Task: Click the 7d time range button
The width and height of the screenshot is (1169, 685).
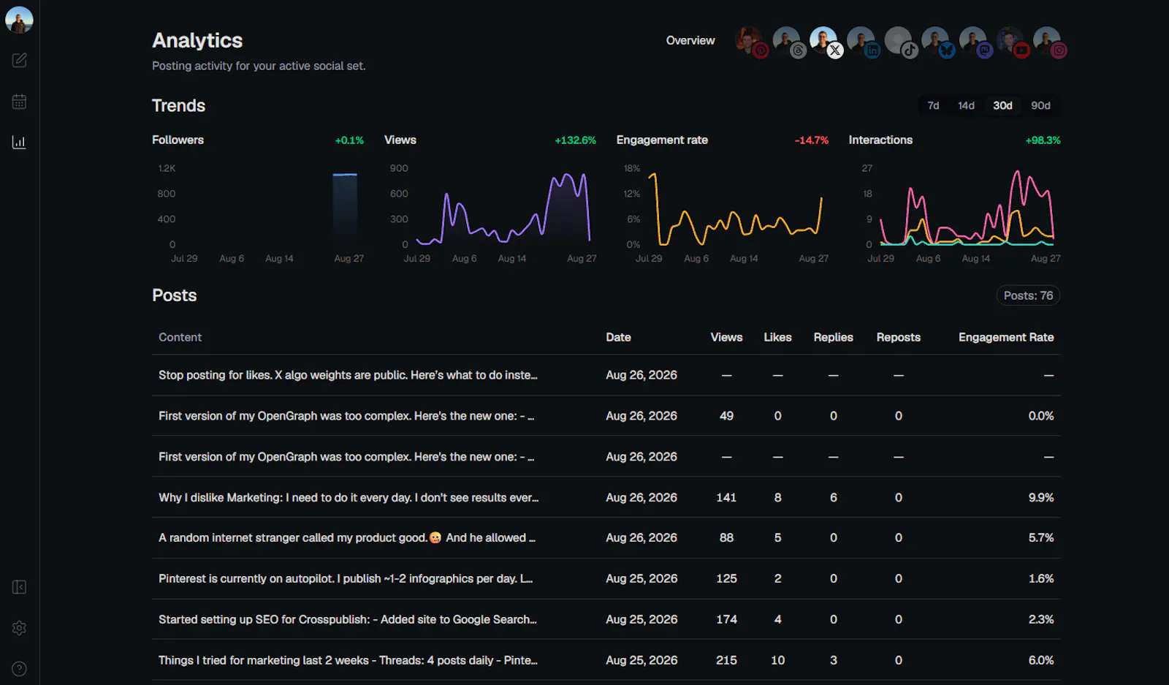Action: (x=933, y=105)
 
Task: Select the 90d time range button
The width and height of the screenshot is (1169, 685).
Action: (x=1040, y=105)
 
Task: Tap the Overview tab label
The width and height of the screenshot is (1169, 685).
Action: (x=690, y=41)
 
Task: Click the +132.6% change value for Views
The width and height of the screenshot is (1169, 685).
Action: (x=575, y=140)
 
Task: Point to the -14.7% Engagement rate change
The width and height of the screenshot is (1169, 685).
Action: (x=812, y=140)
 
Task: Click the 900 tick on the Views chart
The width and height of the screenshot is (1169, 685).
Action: (x=399, y=168)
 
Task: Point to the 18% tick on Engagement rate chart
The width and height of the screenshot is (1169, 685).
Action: (x=631, y=168)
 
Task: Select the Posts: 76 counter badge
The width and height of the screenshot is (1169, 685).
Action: (x=1028, y=295)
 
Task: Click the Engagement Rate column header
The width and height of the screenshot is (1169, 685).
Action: (x=1006, y=337)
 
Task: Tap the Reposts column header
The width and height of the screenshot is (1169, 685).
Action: (x=898, y=337)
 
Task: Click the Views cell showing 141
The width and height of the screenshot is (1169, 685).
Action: (x=726, y=498)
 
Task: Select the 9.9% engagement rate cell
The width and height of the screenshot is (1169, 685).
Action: (x=1040, y=498)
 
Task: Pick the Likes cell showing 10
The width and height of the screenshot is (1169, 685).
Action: (x=777, y=660)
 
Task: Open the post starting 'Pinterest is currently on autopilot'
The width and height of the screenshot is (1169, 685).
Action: (x=346, y=578)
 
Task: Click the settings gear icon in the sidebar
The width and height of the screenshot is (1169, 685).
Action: (x=19, y=627)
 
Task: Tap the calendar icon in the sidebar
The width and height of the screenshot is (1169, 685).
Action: (x=19, y=102)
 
